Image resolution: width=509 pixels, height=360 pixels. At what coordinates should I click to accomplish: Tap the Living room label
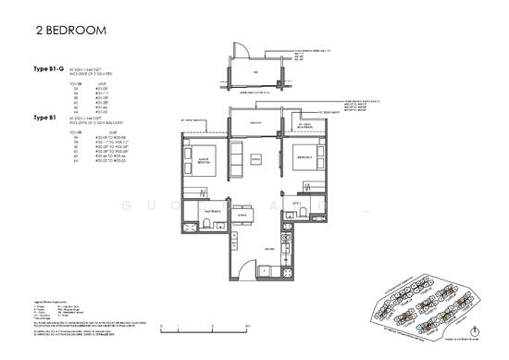coord(256,158)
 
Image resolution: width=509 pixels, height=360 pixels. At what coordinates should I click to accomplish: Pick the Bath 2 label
coord(297,203)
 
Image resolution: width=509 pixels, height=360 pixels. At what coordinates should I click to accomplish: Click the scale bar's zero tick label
coord(160,329)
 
